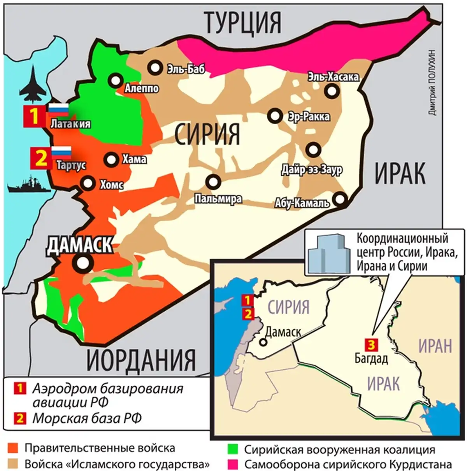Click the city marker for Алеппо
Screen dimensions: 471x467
pos(116,81)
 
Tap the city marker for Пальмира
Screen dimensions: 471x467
pos(213,181)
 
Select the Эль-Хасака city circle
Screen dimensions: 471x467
pos(332,91)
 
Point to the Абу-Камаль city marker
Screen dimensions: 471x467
pos(341,199)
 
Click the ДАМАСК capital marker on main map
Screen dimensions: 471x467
pos(82,263)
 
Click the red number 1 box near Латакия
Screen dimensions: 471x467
pos(35,116)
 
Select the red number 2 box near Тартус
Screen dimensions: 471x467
pos(41,158)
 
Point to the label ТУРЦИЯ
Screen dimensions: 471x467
pos(242,22)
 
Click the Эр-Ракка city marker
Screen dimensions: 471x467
pos(275,116)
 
